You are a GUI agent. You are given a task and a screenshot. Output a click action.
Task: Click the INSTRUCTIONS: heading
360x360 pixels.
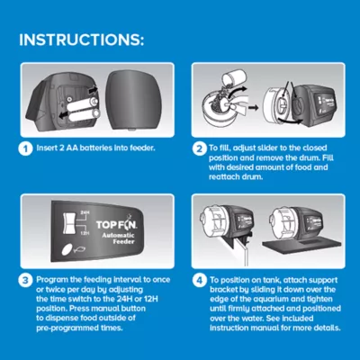tap(81, 40)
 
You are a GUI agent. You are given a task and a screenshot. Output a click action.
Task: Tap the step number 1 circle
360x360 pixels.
tap(25, 149)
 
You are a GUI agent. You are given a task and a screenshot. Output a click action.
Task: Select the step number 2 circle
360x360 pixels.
tap(200, 149)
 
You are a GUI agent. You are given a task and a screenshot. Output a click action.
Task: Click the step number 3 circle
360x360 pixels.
tap(25, 281)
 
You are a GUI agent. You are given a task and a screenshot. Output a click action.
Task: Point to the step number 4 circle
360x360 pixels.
tap(200, 281)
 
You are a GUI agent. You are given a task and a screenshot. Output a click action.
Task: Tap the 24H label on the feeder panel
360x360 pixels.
tap(85, 212)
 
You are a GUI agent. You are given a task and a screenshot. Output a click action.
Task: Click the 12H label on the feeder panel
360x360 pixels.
tap(85, 233)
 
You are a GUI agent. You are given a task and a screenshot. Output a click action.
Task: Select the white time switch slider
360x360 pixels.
tap(69, 222)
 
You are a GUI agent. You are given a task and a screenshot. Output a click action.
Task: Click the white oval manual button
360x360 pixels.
tap(67, 249)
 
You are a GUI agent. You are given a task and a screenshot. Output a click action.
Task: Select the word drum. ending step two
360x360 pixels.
tap(253, 176)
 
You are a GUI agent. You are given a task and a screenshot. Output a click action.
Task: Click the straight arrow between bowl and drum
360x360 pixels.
tap(254, 107)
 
